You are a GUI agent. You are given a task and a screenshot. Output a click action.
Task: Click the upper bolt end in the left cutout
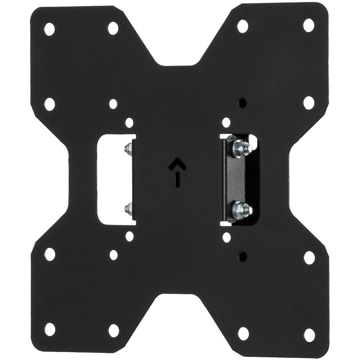(x=128, y=148)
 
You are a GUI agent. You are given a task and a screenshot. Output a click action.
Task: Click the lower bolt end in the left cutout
(x=128, y=208)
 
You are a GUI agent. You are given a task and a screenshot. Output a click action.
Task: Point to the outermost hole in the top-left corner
(x=49, y=29)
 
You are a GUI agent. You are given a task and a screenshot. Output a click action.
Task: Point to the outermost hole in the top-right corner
(x=309, y=25)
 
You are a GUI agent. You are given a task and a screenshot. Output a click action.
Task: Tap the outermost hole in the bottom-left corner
(x=50, y=329)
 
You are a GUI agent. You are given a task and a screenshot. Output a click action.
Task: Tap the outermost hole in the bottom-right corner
(x=309, y=335)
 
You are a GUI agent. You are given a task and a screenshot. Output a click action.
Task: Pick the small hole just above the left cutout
(x=129, y=123)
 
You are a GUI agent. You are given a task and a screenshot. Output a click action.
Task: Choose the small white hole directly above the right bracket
(x=226, y=123)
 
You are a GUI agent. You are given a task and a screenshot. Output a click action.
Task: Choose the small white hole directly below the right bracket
(x=226, y=237)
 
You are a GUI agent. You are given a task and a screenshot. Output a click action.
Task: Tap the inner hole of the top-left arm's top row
(x=113, y=28)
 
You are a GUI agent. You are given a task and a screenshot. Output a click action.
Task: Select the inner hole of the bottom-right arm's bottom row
(x=243, y=333)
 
